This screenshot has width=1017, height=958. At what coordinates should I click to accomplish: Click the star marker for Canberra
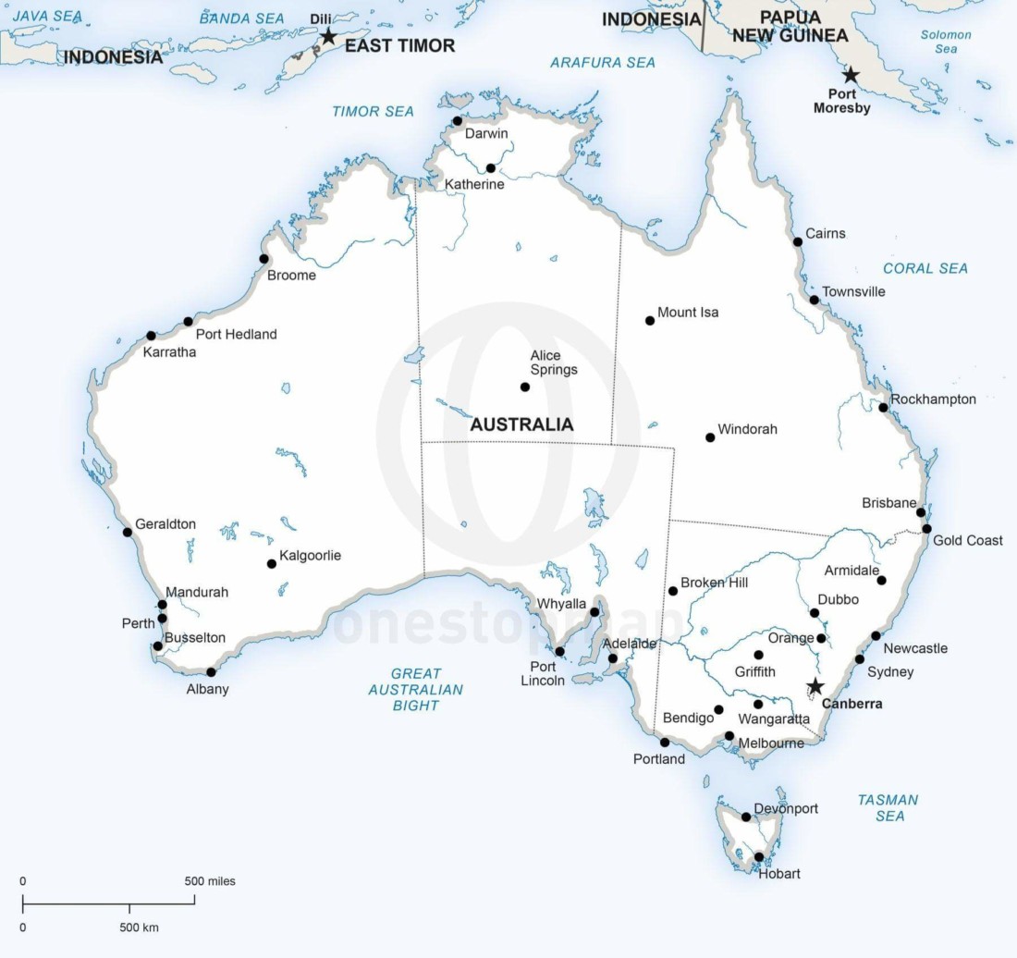click(x=815, y=686)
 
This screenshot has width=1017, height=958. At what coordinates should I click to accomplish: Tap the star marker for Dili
click(x=327, y=36)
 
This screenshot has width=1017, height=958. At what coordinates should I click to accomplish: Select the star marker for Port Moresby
click(x=850, y=75)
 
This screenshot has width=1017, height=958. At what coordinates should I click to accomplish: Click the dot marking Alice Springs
click(x=525, y=387)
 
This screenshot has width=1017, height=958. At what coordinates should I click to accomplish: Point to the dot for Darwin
click(x=457, y=121)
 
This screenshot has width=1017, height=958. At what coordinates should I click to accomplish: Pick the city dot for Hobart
click(x=759, y=857)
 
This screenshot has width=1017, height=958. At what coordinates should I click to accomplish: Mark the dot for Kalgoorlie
click(x=272, y=563)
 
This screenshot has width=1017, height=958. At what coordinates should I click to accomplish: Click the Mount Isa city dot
click(x=650, y=321)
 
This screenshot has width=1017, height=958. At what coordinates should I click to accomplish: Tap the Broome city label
click(x=291, y=275)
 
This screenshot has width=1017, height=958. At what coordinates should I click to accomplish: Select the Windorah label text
click(x=747, y=429)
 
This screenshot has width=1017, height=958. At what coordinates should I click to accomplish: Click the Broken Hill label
click(x=714, y=583)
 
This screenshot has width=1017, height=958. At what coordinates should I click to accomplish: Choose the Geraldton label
click(x=165, y=523)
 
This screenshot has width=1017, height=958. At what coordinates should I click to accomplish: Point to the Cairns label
click(x=825, y=233)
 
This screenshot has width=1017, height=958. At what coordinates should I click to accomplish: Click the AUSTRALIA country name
click(x=521, y=425)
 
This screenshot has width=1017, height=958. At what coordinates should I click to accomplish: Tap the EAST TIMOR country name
click(x=399, y=45)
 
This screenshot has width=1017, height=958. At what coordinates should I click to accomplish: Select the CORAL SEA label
click(x=925, y=268)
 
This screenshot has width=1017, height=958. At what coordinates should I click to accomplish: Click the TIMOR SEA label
click(x=373, y=111)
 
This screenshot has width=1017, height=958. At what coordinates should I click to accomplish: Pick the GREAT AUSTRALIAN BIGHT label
click(x=415, y=689)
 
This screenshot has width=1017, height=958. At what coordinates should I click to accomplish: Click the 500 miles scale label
click(x=210, y=881)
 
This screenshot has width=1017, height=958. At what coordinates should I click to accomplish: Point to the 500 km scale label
click(x=139, y=927)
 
